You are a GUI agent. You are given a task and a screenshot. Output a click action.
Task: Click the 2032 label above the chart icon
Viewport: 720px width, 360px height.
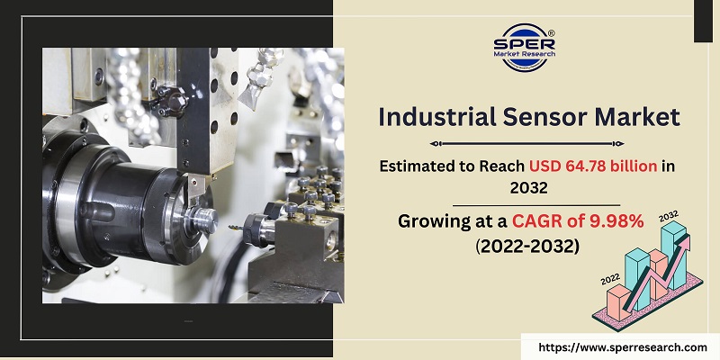[670, 216]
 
